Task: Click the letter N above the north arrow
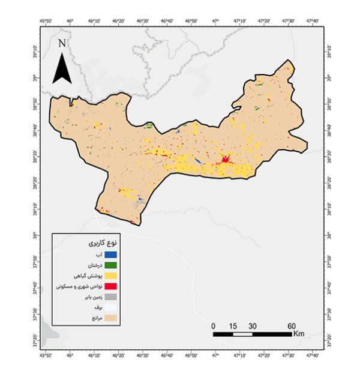(62, 43)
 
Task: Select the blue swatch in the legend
(110, 254)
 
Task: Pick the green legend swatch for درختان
(110, 265)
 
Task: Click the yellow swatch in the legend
(110, 276)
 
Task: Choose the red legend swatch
(110, 286)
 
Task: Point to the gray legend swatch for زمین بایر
(110, 297)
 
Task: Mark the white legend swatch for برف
(110, 307)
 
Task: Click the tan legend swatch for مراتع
(110, 318)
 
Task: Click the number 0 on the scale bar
(214, 325)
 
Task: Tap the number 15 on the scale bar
(233, 325)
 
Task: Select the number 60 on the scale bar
(291, 325)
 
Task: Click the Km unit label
(300, 333)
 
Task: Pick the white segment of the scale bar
(243, 333)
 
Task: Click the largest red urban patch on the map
(226, 160)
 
